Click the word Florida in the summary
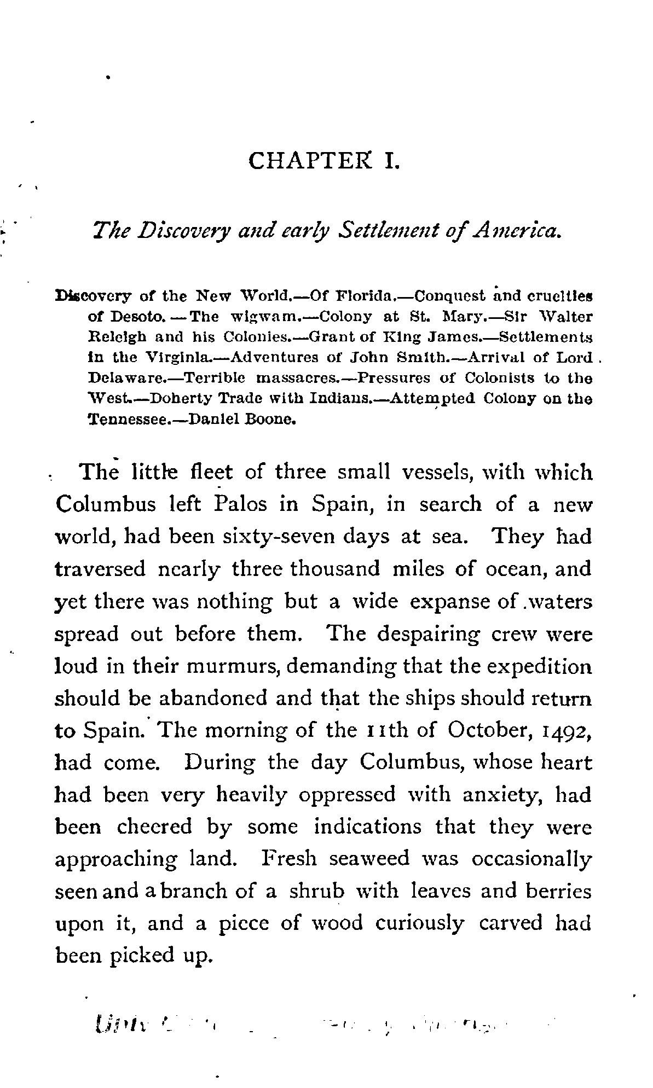click(x=363, y=297)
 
